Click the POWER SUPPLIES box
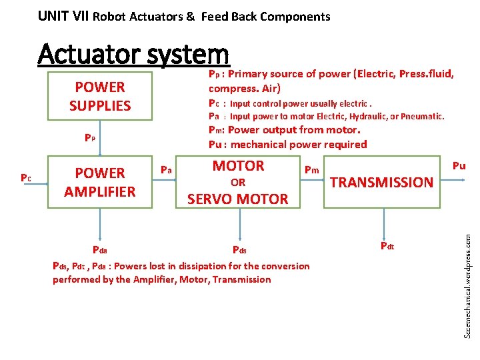click(100, 96)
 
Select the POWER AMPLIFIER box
click(100, 182)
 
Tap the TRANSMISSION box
click(382, 182)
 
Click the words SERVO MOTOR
click(238, 199)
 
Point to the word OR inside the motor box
click(238, 182)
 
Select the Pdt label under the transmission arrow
click(387, 246)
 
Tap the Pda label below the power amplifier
click(100, 250)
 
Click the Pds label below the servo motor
click(239, 250)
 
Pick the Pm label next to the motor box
click(312, 170)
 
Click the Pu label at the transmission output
click(459, 165)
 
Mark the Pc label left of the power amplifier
click(25, 178)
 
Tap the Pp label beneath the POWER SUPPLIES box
click(90, 138)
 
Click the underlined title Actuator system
click(133, 54)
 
